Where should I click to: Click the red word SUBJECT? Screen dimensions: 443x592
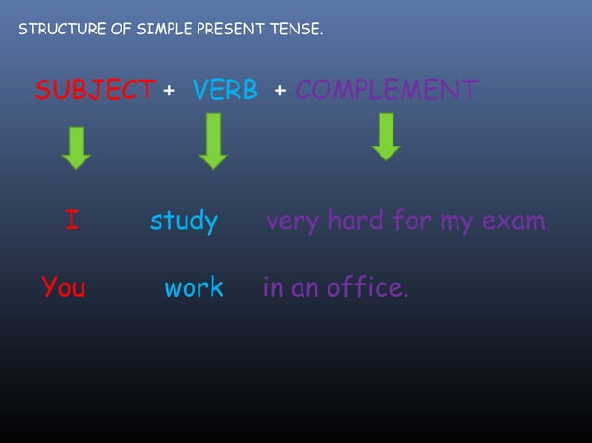[95, 91]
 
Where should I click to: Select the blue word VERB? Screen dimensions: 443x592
[225, 91]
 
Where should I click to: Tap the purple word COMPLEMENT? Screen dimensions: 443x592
[386, 91]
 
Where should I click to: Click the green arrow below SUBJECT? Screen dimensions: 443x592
[76, 147]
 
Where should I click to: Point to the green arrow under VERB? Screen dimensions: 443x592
[213, 141]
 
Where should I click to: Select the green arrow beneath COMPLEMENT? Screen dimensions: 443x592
[385, 137]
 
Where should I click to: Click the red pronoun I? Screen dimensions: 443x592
[71, 221]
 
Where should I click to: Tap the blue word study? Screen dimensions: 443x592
[184, 222]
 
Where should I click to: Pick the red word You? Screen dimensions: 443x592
[63, 287]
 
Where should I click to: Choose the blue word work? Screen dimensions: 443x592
[194, 287]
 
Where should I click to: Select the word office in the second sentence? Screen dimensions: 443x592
[367, 287]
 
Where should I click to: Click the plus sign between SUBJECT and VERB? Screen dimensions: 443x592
[169, 92]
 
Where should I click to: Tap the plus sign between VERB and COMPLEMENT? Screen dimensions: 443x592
[279, 92]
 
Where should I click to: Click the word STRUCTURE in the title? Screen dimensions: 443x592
[58, 31]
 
